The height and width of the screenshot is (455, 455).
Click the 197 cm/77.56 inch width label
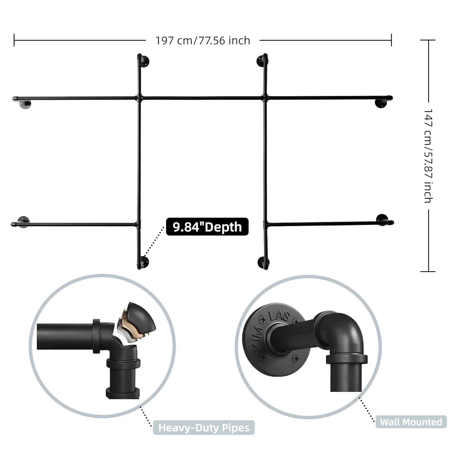(203, 40)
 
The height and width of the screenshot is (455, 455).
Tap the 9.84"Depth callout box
(207, 227)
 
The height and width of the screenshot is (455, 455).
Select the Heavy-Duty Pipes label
(204, 428)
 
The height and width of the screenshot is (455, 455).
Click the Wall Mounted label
(411, 422)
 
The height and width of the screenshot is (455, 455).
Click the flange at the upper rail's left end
(25, 104)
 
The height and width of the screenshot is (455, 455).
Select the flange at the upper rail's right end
(380, 103)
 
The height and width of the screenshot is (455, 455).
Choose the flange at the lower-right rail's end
(382, 219)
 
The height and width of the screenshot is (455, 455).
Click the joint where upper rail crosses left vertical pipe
(139, 98)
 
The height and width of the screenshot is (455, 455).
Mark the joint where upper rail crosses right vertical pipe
(265, 98)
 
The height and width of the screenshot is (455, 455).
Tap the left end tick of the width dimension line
(14, 40)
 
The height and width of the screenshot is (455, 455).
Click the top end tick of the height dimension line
(428, 40)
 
